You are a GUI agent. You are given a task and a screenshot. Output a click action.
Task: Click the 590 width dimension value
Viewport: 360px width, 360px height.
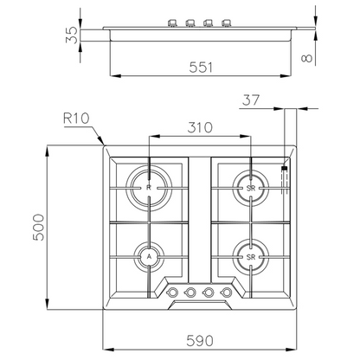tap(200, 341)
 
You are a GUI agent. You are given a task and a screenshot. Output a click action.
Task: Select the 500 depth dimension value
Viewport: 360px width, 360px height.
tap(39, 228)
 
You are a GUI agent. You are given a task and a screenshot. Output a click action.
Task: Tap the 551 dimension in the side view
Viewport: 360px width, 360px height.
tap(201, 67)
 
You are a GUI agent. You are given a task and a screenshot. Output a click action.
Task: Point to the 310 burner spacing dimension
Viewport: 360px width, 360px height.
tap(200, 127)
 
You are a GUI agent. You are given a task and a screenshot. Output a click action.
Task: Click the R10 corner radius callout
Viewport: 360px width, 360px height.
tap(76, 118)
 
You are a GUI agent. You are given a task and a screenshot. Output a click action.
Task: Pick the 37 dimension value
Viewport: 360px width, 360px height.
tap(251, 100)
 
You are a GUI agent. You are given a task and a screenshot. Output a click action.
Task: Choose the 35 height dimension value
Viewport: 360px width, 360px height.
tap(72, 35)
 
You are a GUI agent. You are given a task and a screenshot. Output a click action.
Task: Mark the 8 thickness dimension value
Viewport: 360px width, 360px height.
tap(306, 58)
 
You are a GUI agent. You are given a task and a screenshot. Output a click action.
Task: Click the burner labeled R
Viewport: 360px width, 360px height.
tap(149, 188)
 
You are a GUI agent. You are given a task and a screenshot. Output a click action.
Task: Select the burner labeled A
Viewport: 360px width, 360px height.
tap(149, 257)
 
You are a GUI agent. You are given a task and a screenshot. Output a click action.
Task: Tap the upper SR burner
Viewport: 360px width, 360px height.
tap(251, 188)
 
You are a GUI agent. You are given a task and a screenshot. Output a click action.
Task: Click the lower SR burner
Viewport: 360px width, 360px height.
tap(251, 257)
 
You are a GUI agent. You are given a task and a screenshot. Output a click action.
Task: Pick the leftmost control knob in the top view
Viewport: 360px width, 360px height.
tap(172, 292)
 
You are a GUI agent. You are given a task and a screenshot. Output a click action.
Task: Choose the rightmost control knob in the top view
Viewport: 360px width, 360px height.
tap(226, 292)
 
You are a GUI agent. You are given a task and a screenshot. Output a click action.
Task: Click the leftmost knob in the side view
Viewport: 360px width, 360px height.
tap(172, 22)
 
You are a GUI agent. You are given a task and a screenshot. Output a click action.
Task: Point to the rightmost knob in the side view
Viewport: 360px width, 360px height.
tap(227, 22)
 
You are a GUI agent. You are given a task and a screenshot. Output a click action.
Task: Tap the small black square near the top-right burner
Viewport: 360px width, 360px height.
tap(285, 168)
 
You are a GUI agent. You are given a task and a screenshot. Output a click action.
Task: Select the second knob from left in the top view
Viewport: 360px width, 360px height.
tap(190, 292)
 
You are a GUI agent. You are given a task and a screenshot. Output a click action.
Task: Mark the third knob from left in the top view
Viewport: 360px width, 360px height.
tap(208, 292)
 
